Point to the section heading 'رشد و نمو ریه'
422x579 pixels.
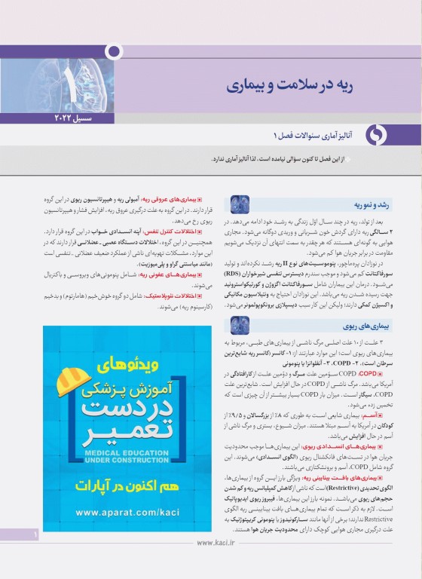[x=345, y=204]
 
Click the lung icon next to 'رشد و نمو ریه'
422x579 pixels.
[x=240, y=204]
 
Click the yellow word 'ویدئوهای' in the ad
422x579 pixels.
[x=132, y=364]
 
